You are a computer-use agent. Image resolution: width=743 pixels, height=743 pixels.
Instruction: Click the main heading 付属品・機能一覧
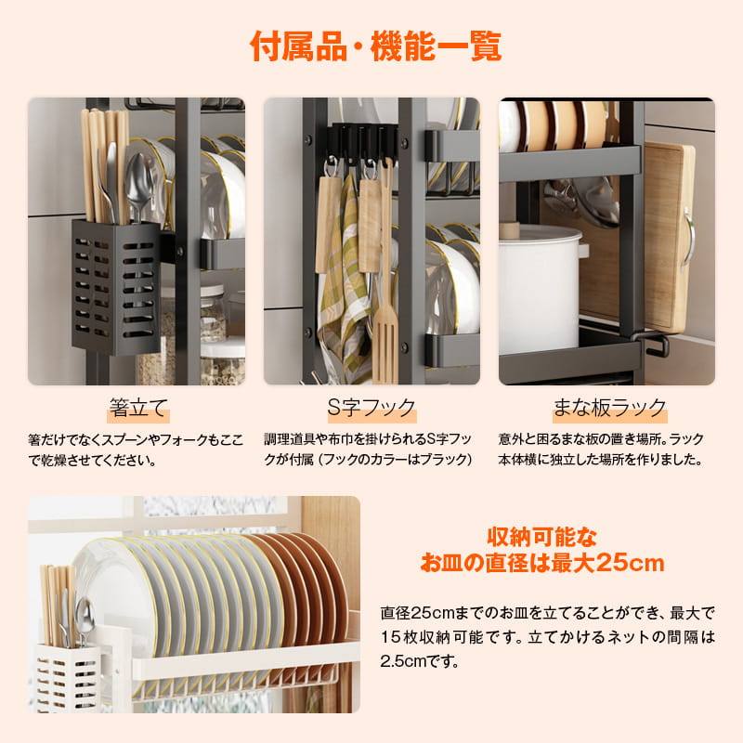[376, 46]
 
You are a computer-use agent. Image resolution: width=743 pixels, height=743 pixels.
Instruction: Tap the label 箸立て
[138, 408]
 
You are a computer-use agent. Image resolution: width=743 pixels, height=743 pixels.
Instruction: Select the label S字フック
[372, 408]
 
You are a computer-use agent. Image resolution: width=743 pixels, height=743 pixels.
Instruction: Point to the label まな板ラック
[610, 408]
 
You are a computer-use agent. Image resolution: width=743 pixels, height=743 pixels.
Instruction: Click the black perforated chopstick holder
[116, 287]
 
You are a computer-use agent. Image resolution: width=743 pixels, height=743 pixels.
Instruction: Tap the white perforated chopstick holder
[68, 678]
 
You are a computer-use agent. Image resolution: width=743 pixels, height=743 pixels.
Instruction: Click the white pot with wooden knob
[541, 289]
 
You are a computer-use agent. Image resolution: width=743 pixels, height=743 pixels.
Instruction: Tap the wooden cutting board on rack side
[669, 237]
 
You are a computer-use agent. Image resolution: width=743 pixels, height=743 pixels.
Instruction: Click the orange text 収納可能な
[542, 537]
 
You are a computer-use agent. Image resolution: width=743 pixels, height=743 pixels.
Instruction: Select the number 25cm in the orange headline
[631, 564]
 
